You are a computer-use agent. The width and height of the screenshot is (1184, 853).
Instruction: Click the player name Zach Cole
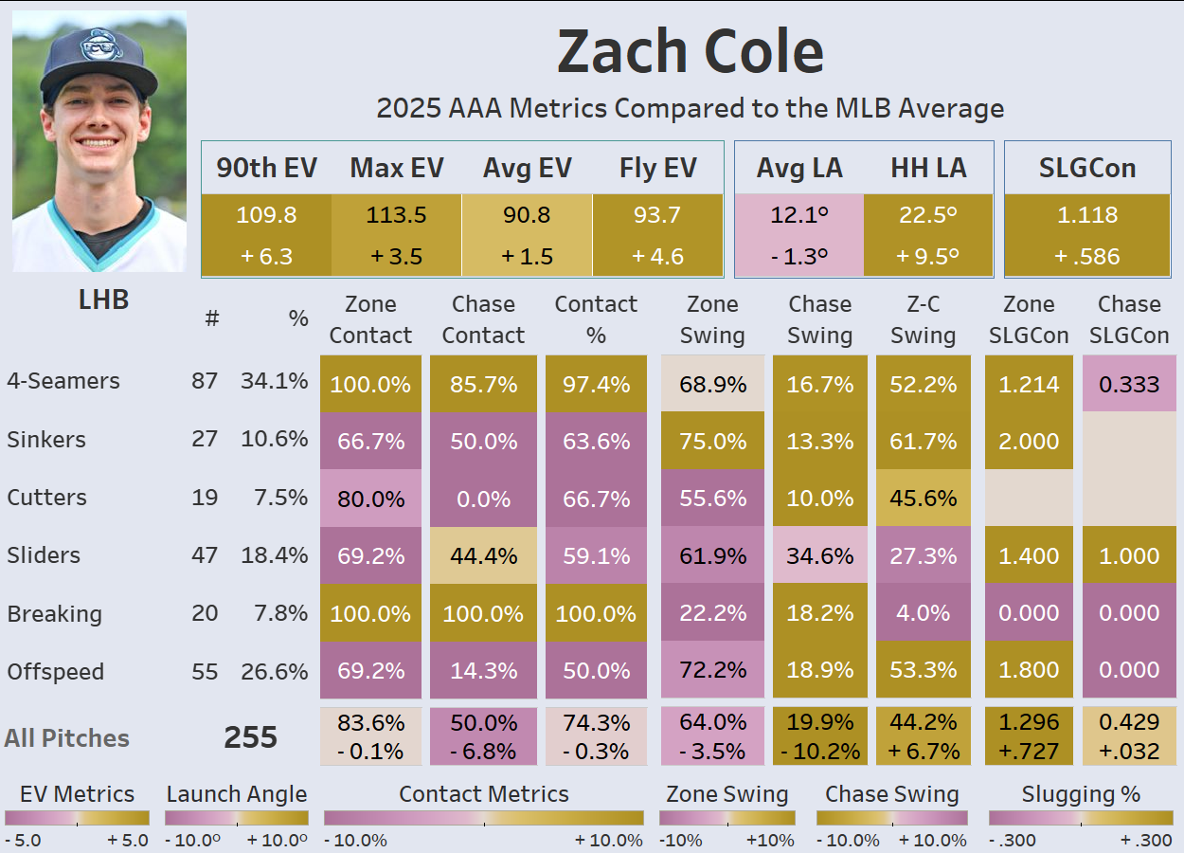690,52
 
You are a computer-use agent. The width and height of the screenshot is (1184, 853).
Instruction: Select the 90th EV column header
266,169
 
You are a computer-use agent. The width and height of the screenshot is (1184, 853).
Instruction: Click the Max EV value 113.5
396,215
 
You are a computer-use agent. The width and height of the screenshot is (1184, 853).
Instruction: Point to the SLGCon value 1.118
1086,215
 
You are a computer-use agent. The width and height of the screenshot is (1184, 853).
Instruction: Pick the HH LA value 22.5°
927,215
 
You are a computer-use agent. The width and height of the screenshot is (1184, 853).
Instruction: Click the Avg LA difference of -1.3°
798,256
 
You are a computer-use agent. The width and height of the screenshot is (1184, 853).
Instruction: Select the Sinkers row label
46,440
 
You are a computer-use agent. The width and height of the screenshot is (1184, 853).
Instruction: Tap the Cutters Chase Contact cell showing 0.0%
483,498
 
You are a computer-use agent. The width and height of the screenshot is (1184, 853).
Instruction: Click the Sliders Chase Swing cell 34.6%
819,555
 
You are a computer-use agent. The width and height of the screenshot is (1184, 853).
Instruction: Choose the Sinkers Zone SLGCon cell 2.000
1029,442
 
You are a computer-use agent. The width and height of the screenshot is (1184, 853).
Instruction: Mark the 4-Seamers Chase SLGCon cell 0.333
1129,384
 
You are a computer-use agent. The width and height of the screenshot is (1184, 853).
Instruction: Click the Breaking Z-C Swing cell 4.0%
923,613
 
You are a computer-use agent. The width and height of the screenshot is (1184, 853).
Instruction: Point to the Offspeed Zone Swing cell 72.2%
712,671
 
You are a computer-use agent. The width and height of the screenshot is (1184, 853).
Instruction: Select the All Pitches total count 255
250,737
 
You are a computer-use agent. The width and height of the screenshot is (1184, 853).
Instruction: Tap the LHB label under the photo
103,300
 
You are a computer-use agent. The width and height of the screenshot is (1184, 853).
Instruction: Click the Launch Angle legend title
236,794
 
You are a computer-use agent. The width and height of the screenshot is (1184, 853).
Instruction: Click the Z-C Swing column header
923,319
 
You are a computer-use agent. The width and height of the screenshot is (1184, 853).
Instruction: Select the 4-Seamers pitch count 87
204,381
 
